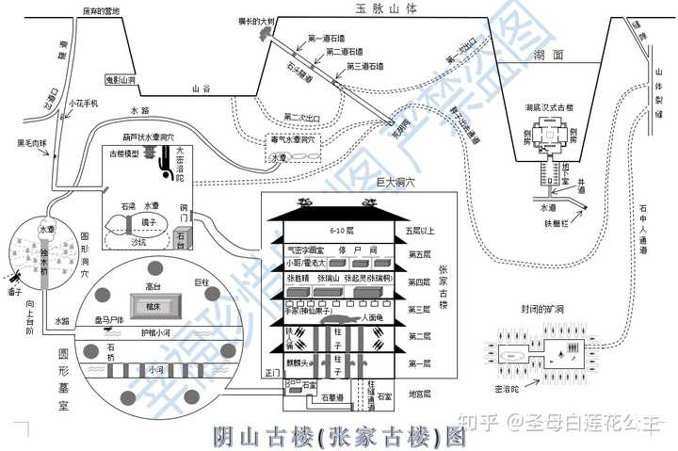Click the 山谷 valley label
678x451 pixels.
pyautogui.click(x=200, y=89)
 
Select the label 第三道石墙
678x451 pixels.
pyautogui.click(x=367, y=67)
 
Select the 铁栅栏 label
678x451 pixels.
pyautogui.click(x=558, y=223)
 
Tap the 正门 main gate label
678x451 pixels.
pyautogui.click(x=273, y=374)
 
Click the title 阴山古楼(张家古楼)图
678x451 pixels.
pyautogui.click(x=338, y=436)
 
